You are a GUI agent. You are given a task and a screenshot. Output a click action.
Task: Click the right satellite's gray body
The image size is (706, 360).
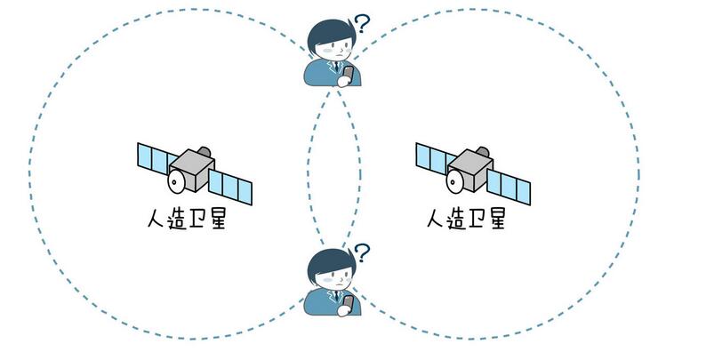click(472, 166)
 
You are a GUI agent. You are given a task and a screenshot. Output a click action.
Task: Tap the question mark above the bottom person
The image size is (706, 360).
click(361, 253)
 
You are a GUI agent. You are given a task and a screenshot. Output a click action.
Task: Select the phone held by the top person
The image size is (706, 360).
click(349, 76)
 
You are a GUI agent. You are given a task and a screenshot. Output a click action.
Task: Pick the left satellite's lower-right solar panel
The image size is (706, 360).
click(230, 186)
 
